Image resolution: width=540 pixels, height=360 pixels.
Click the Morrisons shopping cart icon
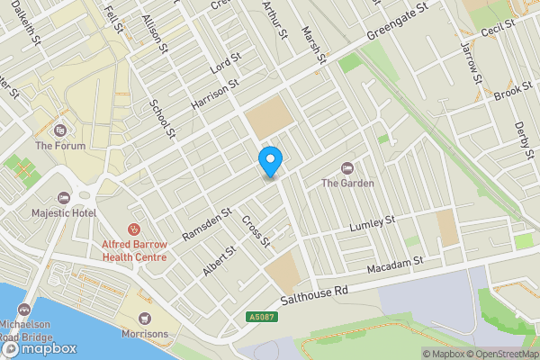144,318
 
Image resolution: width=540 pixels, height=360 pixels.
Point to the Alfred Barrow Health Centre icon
134,229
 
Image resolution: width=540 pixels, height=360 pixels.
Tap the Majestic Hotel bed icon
63,197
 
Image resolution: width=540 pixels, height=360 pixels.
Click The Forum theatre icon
60,130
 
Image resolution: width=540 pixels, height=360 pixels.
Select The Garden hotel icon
348,168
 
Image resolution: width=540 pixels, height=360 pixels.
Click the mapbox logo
38,348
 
